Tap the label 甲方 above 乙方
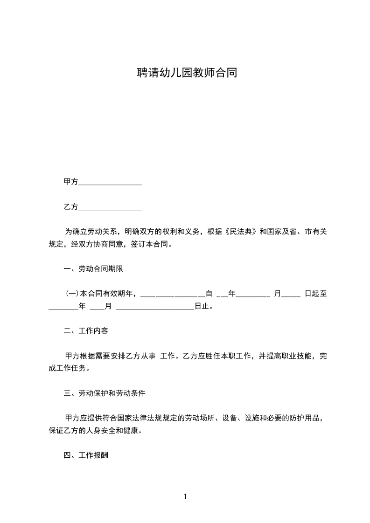tap(71, 182)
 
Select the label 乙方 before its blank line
tap(71, 206)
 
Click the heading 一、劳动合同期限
tap(93, 269)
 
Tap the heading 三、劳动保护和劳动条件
tap(105, 393)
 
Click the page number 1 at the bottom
tap(185, 496)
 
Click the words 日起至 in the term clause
tap(316, 294)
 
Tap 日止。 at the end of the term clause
tap(204, 306)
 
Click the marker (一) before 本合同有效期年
tap(72, 294)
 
